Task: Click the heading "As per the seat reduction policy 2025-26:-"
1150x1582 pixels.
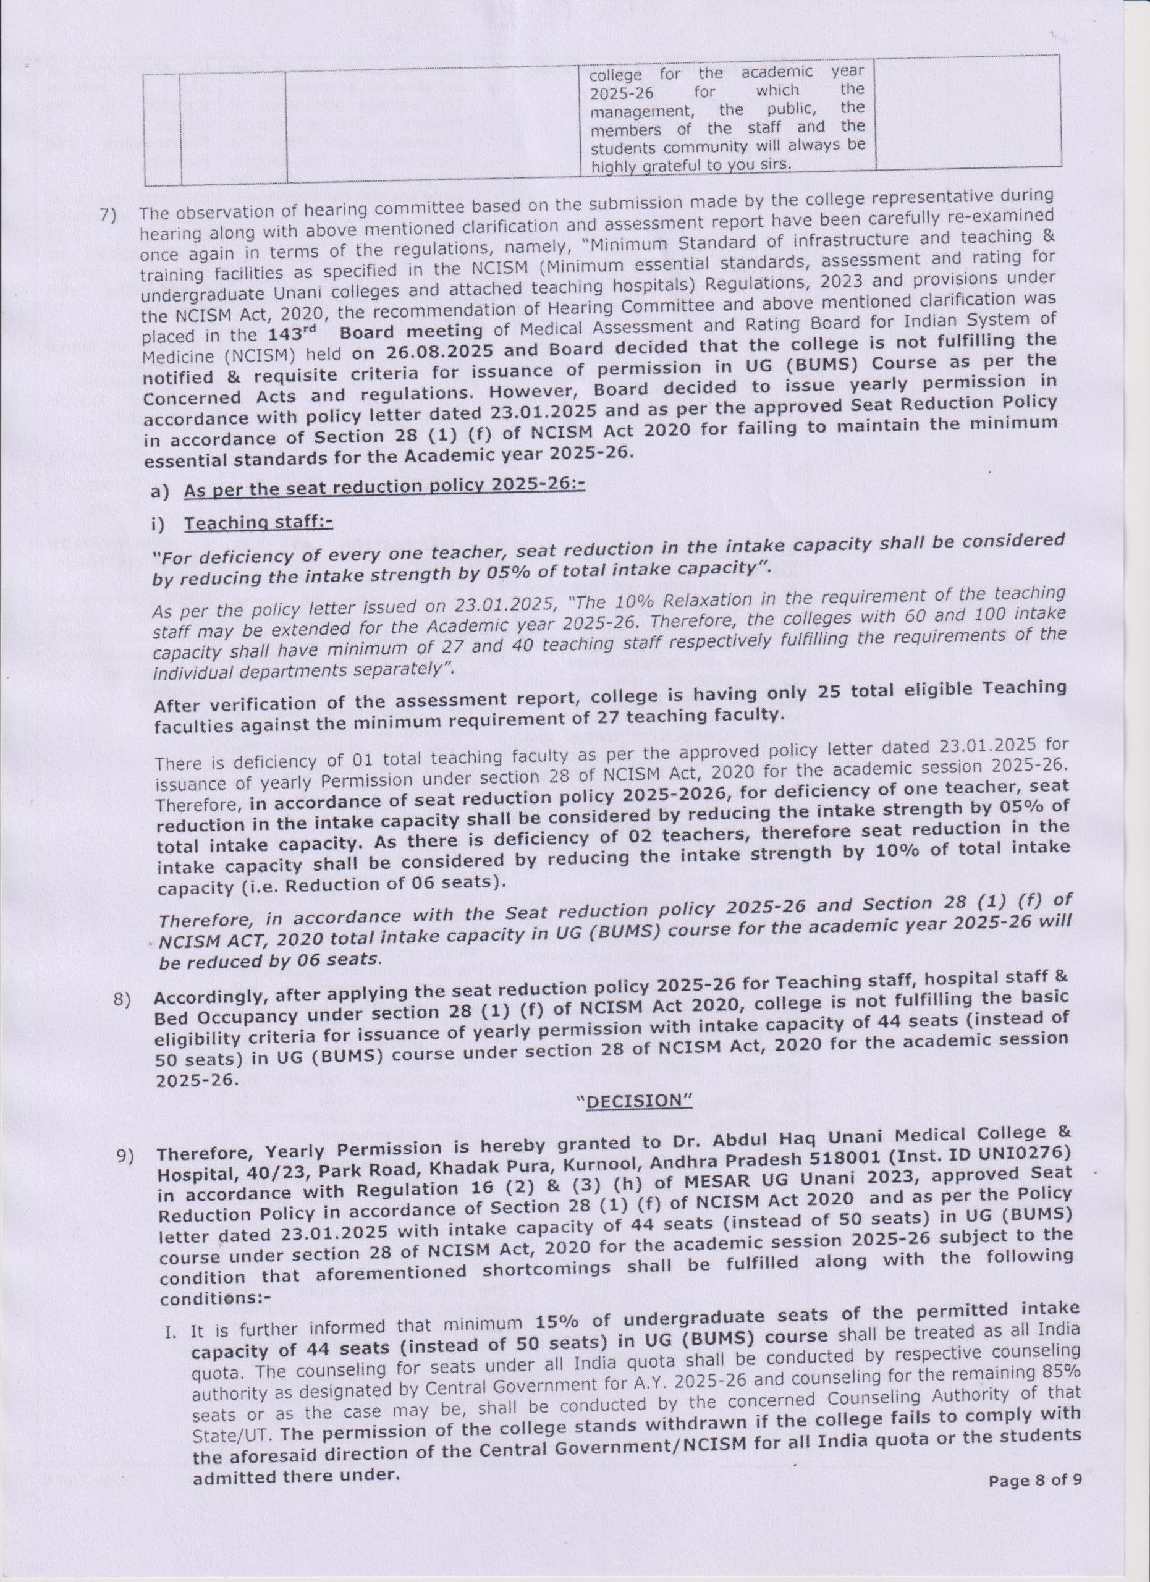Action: point(384,486)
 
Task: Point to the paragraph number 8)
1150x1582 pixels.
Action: point(124,1001)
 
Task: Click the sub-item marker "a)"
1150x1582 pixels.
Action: point(159,492)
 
